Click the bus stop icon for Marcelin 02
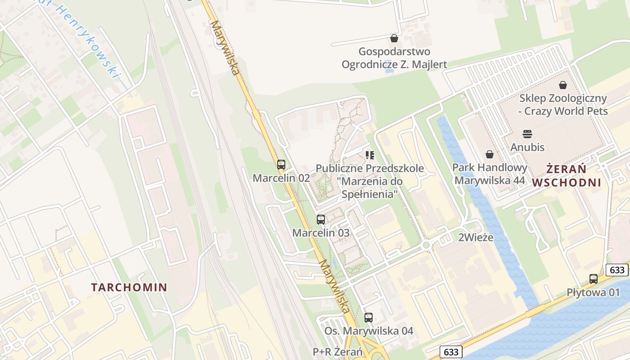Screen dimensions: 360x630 [x=281, y=165]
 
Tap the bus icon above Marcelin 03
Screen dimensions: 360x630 [x=321, y=220]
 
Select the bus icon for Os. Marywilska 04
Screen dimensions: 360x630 [x=369, y=318]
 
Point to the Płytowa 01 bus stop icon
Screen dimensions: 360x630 [x=594, y=279]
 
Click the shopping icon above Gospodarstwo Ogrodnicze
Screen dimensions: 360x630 [x=394, y=38]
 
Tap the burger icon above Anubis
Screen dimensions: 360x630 [x=527, y=134]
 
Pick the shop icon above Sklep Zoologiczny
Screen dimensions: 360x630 [x=563, y=85]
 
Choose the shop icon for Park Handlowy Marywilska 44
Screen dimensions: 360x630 [x=490, y=154]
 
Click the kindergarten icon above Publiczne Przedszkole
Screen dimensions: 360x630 [x=370, y=155]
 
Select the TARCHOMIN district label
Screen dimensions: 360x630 [x=129, y=287]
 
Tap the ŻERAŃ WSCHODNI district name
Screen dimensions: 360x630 [x=567, y=176]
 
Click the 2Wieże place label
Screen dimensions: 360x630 [x=476, y=238]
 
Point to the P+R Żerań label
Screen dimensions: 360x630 [x=337, y=352]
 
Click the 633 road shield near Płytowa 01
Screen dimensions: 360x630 [x=617, y=270]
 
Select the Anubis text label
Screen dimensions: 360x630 [x=527, y=147]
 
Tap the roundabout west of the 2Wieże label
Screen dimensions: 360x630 [x=426, y=246]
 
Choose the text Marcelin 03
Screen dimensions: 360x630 [x=321, y=233]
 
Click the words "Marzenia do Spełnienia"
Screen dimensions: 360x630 [x=370, y=188]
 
